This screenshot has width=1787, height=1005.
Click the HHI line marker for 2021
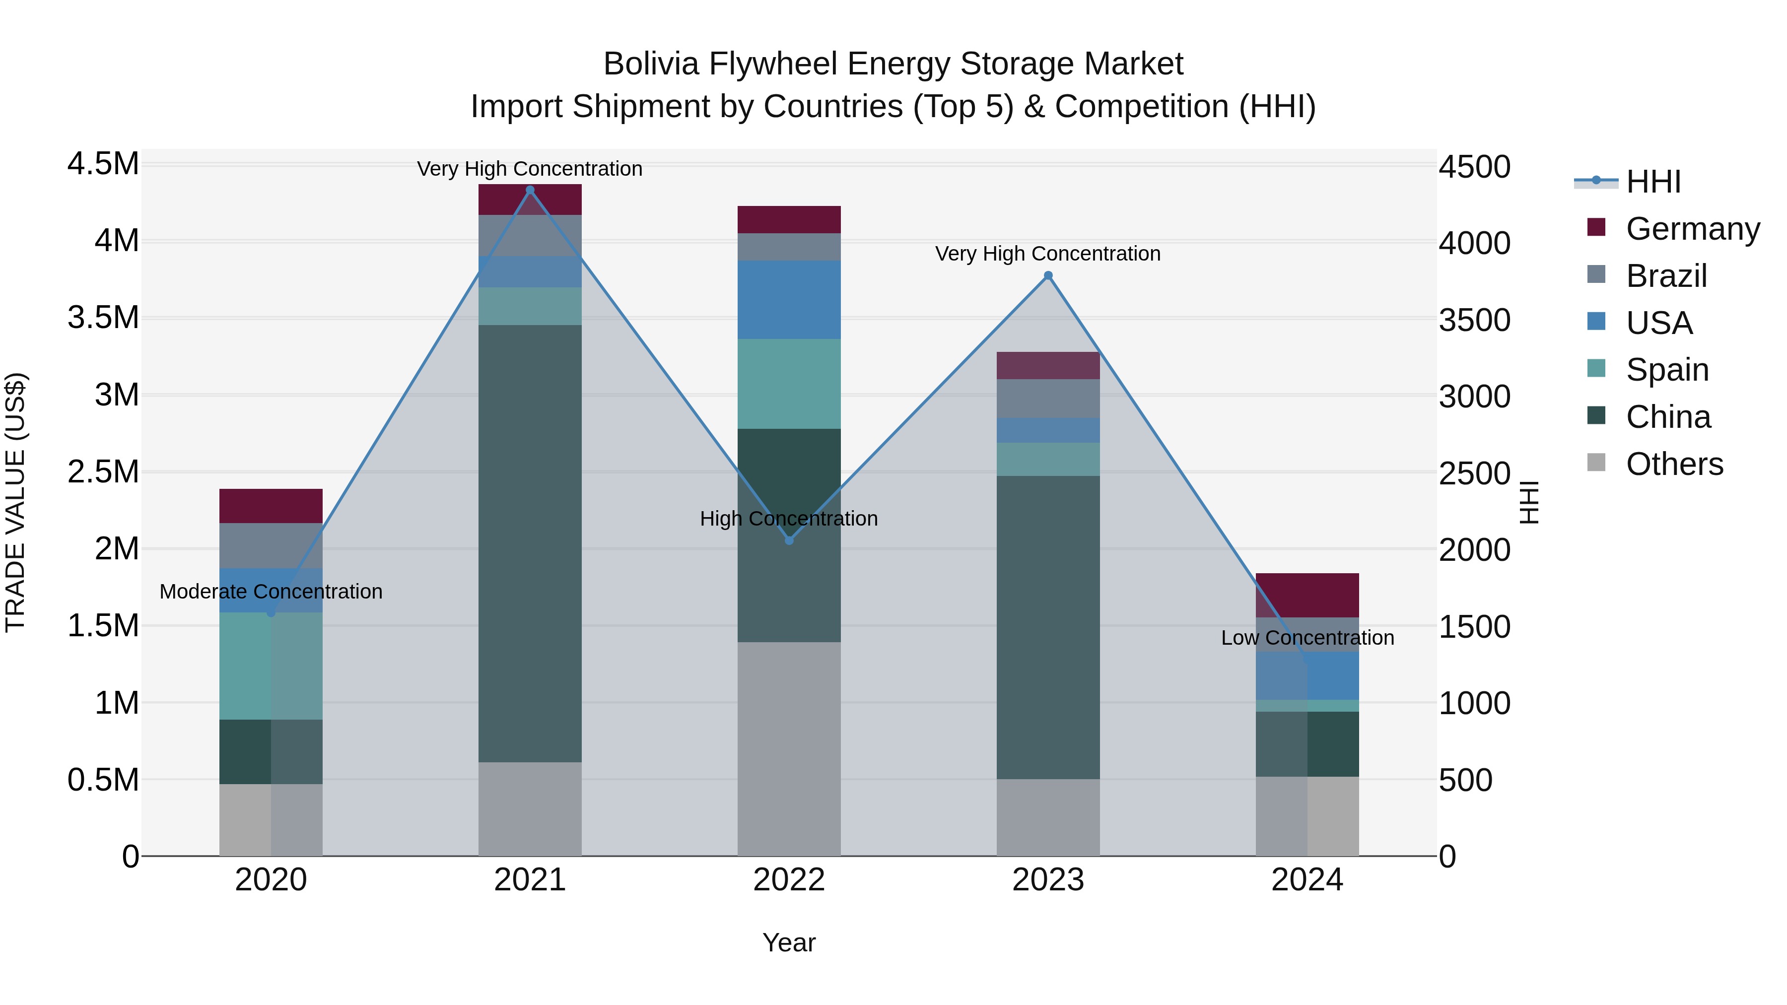pyautogui.click(x=530, y=190)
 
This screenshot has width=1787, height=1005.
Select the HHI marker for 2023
pyautogui.click(x=1048, y=275)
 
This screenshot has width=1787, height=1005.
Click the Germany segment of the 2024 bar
pyautogui.click(x=1307, y=595)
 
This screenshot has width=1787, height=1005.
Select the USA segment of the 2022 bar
pyautogui.click(x=789, y=300)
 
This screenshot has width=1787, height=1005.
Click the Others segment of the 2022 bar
pyautogui.click(x=789, y=748)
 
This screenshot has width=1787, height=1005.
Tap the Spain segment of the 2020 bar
pyautogui.click(x=271, y=666)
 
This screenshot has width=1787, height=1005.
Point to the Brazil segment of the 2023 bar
pyautogui.click(x=1048, y=399)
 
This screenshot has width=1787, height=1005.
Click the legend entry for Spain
pyautogui.click(x=1666, y=370)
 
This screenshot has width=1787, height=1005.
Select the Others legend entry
pyautogui.click(x=1673, y=464)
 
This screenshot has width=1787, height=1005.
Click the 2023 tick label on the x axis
pyautogui.click(x=1048, y=880)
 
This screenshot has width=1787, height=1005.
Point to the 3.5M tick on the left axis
pyautogui.click(x=103, y=318)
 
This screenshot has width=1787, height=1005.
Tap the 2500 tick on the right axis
pyautogui.click(x=1474, y=474)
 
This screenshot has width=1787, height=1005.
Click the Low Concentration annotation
pyautogui.click(x=1307, y=637)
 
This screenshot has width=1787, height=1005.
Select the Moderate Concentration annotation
pyautogui.click(x=271, y=592)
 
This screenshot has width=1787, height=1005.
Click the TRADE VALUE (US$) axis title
pyautogui.click(x=15, y=502)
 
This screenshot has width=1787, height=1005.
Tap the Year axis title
pyautogui.click(x=789, y=942)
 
